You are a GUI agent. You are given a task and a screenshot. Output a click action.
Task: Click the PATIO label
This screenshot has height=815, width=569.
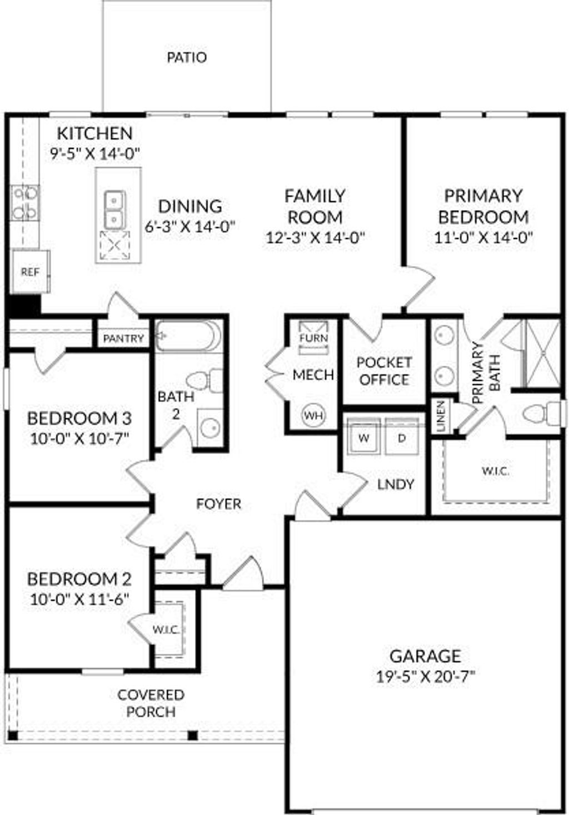point(187,57)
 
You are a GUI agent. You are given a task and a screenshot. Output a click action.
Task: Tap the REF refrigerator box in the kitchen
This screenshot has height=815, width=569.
point(30,272)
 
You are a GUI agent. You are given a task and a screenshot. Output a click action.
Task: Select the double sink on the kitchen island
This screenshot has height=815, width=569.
point(115,209)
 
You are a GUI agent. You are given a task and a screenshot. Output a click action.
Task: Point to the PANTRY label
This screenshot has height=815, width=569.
point(123,338)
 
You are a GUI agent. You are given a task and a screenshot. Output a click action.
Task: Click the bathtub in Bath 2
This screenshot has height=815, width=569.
point(188,336)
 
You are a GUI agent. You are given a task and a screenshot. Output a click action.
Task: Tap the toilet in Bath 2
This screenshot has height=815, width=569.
point(203,381)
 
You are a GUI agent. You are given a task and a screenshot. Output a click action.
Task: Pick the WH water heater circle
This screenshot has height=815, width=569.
point(313,415)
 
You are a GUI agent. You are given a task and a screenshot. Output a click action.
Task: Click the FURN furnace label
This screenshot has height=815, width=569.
point(313,338)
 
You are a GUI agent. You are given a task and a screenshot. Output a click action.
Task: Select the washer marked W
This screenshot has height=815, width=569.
point(364,438)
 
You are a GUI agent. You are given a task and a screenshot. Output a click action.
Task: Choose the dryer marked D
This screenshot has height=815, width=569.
point(402,438)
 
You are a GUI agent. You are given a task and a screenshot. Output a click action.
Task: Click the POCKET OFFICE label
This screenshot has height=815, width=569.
point(384,371)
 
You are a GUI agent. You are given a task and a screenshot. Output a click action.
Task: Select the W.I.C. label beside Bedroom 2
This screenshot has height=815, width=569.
point(166,629)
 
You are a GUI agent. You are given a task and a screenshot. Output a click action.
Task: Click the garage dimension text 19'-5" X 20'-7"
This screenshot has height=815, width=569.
point(425,677)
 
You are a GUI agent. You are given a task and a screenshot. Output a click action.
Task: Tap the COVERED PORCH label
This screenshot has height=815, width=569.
point(151,703)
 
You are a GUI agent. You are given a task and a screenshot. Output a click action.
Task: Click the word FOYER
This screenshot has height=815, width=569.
point(219,504)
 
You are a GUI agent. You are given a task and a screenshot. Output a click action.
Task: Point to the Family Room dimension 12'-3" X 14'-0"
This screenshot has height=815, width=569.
point(315,238)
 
